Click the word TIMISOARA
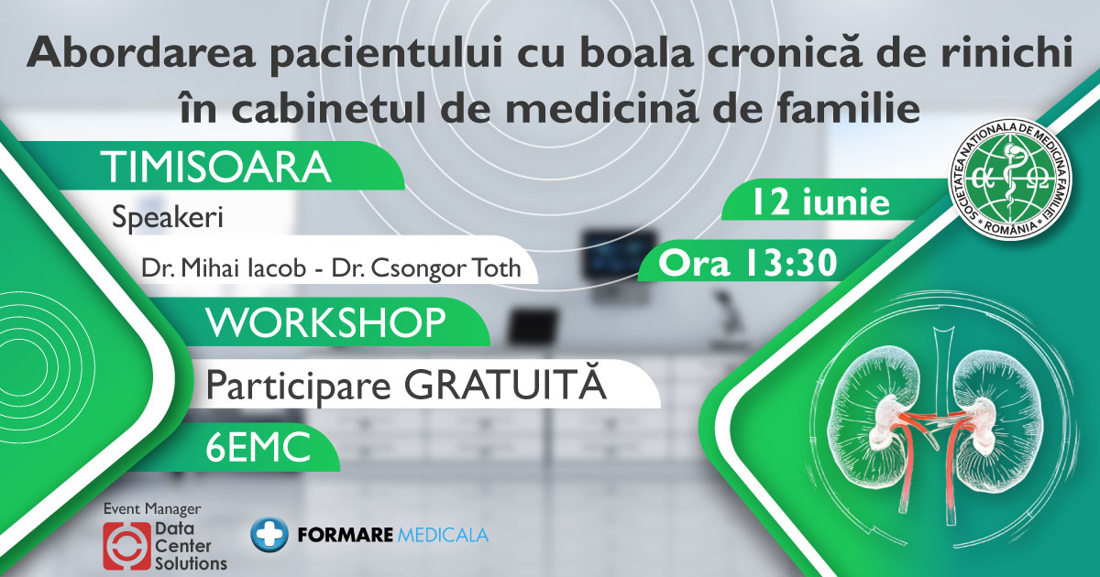(x=215, y=168)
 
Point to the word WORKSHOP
(x=325, y=321)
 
